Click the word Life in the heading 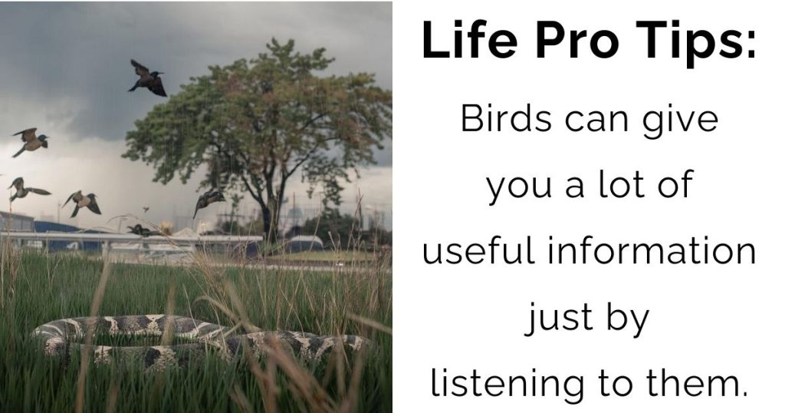[x=469, y=40]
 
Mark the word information [x=651, y=249]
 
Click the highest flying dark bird [x=147, y=79]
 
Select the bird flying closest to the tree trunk [x=209, y=200]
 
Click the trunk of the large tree [x=271, y=216]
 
